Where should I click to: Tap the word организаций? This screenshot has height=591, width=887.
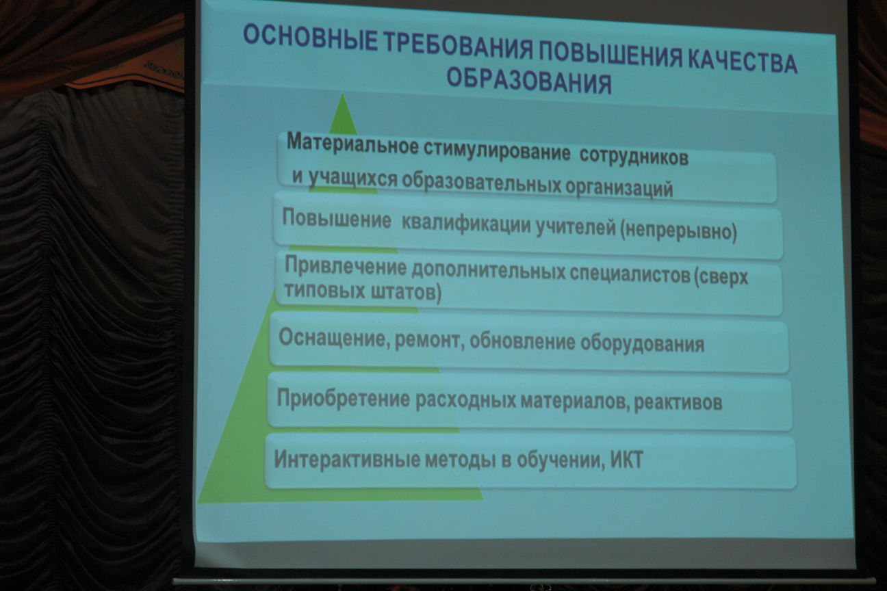pos(619,187)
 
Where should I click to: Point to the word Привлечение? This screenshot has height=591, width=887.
pos(346,266)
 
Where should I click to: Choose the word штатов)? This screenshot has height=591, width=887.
pos(406,293)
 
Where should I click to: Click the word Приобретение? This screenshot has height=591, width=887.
pos(344,398)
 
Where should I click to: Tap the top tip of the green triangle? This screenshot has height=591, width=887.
pos(342,94)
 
